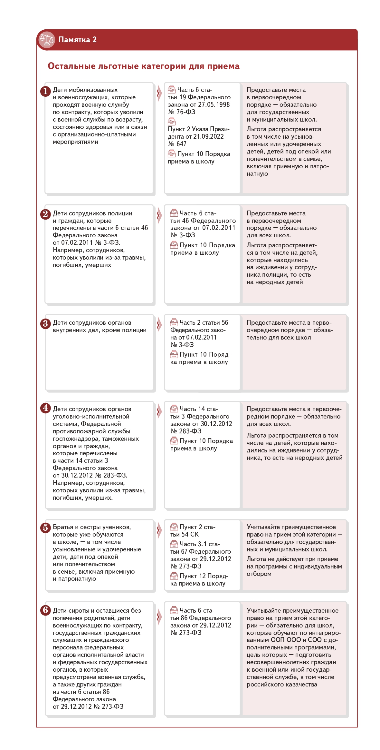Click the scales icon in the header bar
[47, 40]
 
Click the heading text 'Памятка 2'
[77, 40]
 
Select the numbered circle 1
[45, 91]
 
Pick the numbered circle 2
[45, 214]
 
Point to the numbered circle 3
[45, 323]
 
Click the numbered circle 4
[45, 408]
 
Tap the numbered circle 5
[45, 528]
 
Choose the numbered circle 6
[45, 610]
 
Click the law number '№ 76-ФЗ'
[182, 112]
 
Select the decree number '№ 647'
[177, 144]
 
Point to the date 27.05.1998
[214, 104]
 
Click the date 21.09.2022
[208, 136]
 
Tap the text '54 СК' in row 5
[190, 534]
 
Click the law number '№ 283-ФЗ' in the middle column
[186, 431]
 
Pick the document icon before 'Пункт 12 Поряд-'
[174, 576]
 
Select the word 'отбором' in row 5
[259, 574]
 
